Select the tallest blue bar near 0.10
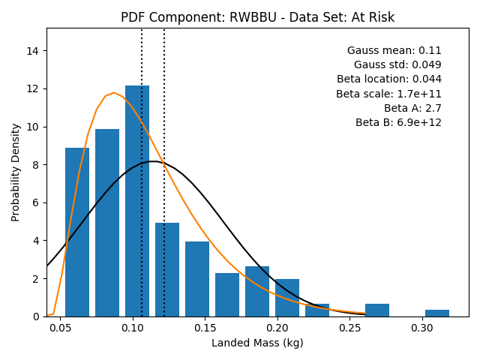coord(137,201)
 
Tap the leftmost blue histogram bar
coord(77,232)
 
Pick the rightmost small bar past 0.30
coord(437,313)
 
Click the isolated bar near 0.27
coord(377,310)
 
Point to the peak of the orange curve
coord(114,92)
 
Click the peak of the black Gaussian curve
coord(153,161)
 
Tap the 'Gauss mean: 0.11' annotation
coord(394,50)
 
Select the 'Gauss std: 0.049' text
coord(397,64)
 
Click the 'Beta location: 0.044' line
coord(389,79)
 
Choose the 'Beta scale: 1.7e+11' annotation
coord(388,94)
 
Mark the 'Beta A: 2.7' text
coord(412,108)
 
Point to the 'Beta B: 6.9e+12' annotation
coord(398,122)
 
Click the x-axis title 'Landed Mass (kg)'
coord(257,343)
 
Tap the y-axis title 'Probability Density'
coord(15,172)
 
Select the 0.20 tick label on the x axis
coord(277,328)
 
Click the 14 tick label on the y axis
coord(33,51)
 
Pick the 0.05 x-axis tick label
coord(60,328)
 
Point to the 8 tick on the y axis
coord(36,165)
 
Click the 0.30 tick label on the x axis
coord(422,328)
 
